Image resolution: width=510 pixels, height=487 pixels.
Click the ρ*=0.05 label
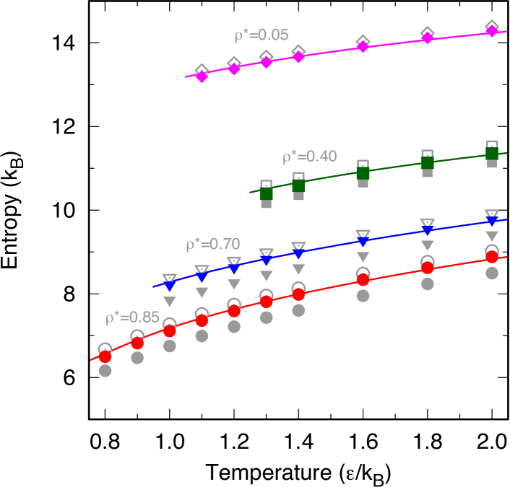[x=261, y=35]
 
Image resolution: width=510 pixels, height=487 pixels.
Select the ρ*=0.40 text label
[x=309, y=157]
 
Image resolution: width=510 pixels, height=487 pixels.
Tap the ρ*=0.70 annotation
[x=212, y=245]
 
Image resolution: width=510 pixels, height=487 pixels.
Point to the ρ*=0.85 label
[x=132, y=317]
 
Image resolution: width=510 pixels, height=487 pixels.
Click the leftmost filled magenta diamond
[x=202, y=76]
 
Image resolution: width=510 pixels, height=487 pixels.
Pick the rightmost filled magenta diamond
[x=492, y=31]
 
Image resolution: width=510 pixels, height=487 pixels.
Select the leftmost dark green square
[x=266, y=193]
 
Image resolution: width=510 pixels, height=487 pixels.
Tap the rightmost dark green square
[x=492, y=154]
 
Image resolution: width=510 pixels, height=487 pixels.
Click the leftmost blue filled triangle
[x=170, y=286]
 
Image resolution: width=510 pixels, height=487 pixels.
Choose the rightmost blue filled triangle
[x=492, y=221]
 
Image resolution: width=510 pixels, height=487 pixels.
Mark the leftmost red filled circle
[x=105, y=356]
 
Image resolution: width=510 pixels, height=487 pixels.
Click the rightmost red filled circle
[x=492, y=257]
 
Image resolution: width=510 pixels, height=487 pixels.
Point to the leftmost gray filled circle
[x=105, y=371]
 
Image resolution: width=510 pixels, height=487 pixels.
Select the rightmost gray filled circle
[x=492, y=273]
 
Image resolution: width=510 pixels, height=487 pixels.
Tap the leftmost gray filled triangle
[x=170, y=302]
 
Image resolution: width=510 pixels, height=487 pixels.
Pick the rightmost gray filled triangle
[x=492, y=236]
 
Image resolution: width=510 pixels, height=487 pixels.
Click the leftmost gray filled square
[x=266, y=203]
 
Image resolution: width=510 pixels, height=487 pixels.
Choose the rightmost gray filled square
[x=492, y=163]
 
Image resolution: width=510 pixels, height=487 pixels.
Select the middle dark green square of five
[x=363, y=173]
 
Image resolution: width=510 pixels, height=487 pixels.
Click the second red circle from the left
[x=137, y=343]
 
